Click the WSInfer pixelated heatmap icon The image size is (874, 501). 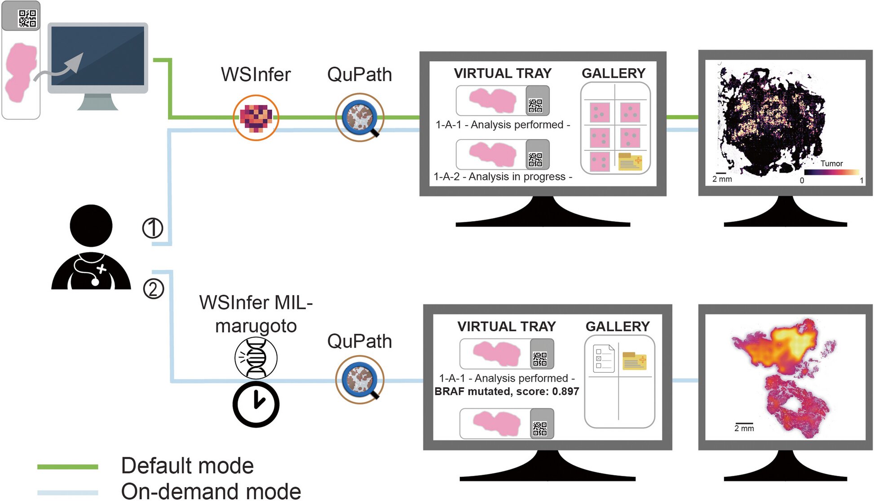tap(256, 118)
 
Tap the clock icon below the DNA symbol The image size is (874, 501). tap(256, 404)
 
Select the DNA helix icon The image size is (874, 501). tap(256, 358)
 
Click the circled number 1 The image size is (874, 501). tap(153, 228)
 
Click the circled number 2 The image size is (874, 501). tap(153, 289)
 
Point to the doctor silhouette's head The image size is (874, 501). tap(91, 226)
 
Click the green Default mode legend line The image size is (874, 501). tap(68, 467)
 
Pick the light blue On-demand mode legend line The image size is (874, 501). tap(68, 492)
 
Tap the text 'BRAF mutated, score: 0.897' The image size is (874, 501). tap(507, 392)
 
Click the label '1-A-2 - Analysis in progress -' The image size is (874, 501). tap(503, 177)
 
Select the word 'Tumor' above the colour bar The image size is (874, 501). tap(831, 164)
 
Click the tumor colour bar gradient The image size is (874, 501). tap(831, 172)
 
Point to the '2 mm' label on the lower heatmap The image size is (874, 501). tap(744, 428)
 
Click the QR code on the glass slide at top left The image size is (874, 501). tap(27, 18)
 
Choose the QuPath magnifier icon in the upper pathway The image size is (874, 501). tap(360, 118)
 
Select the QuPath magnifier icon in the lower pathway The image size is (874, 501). tap(360, 380)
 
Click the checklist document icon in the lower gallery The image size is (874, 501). tap(603, 359)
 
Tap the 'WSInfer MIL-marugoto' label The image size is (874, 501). tap(256, 314)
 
